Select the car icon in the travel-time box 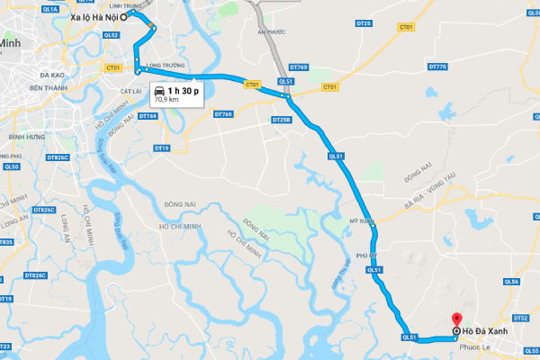click(159, 90)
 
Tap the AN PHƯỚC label click(270, 31)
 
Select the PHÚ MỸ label click(367, 255)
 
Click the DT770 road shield click(438, 67)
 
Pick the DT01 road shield click(405, 27)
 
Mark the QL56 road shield click(512, 282)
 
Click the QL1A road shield click(49, 6)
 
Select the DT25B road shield click(280, 119)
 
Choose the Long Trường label click(166, 66)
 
